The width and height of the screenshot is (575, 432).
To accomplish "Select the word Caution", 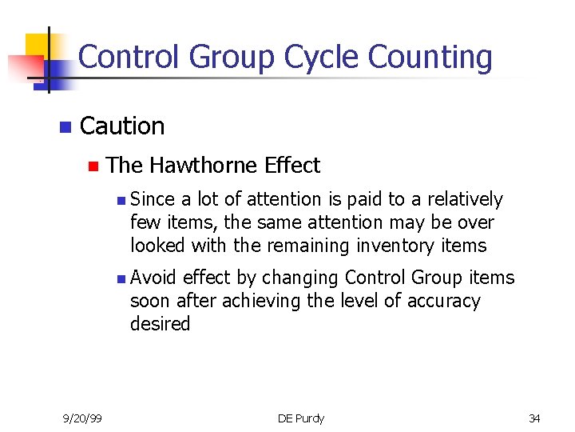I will coord(122,126).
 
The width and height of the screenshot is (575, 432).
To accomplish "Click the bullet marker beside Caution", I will coord(65,127).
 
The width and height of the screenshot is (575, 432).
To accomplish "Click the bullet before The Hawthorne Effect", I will coord(93,166).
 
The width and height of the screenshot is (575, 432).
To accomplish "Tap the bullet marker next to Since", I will coord(119,200).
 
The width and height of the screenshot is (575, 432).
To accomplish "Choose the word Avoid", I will coord(153,278).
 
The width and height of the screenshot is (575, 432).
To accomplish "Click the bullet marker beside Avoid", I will coord(119,279).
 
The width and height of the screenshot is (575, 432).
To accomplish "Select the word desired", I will coord(160,324).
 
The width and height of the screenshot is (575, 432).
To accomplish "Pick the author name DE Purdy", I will coord(300,418).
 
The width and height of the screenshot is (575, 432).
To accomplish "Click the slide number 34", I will coord(534,418).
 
